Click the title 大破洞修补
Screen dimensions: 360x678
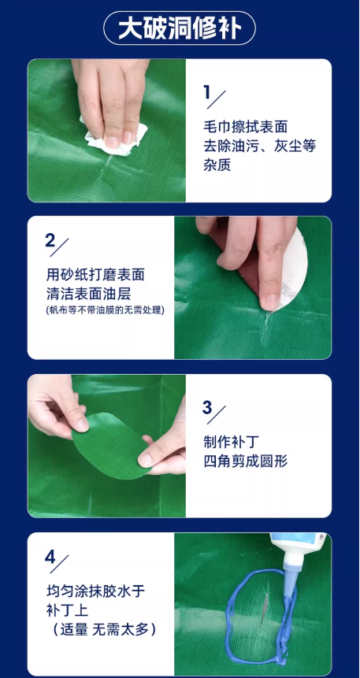click(x=180, y=29)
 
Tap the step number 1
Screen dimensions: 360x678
click(x=207, y=92)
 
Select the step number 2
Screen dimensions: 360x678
click(x=50, y=241)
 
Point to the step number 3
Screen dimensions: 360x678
click(x=207, y=407)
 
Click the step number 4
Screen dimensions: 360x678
click(x=50, y=557)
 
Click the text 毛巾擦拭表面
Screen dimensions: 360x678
click(x=245, y=127)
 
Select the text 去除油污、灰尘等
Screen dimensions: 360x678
click(x=260, y=146)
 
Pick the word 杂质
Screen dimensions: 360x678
click(x=217, y=165)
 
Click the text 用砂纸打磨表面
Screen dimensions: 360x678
click(x=95, y=275)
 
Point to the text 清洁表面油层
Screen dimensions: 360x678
click(x=88, y=294)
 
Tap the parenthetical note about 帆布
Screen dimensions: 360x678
click(x=105, y=310)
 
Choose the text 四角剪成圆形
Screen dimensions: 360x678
click(x=245, y=461)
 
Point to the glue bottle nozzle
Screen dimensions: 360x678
click(x=288, y=562)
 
